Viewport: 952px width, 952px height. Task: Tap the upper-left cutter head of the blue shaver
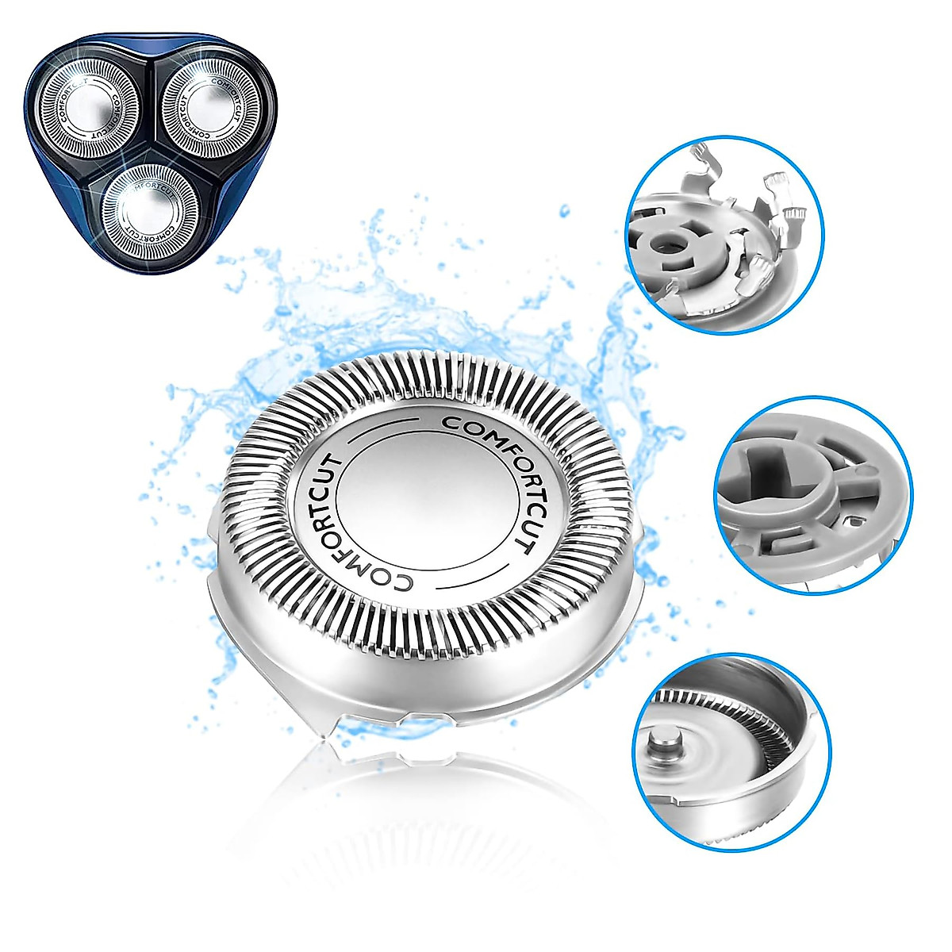95,103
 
